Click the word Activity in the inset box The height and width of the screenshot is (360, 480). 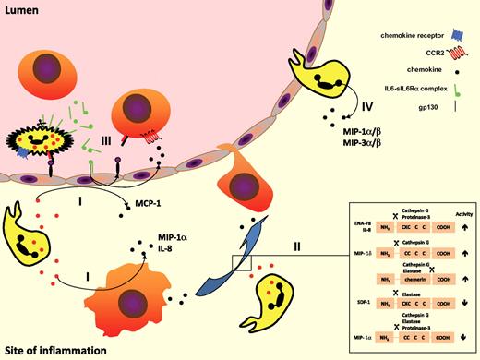(x=462, y=210)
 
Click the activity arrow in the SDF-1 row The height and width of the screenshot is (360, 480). (x=463, y=298)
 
